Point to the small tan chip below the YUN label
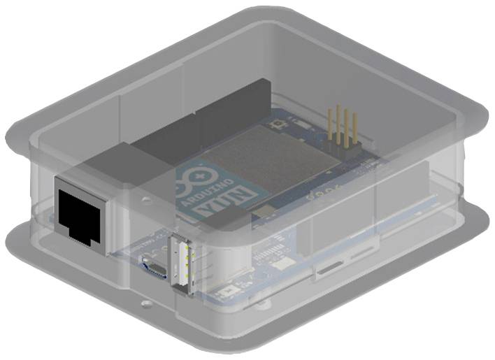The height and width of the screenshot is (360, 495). [x=264, y=210]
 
